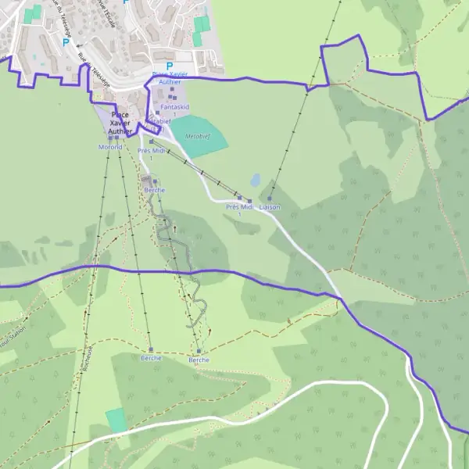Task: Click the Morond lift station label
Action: pyautogui.click(x=110, y=146)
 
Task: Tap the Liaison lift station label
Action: pyautogui.click(x=270, y=207)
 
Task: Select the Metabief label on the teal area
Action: pyautogui.click(x=198, y=135)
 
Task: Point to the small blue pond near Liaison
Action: pyautogui.click(x=256, y=180)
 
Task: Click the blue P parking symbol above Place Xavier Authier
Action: pyautogui.click(x=169, y=66)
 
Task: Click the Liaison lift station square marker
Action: pyautogui.click(x=270, y=198)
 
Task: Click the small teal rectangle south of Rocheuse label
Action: pyautogui.click(x=116, y=420)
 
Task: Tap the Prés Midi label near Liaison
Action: pyautogui.click(x=240, y=207)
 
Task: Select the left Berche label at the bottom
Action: pyautogui.click(x=151, y=358)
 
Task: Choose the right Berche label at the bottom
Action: pyautogui.click(x=199, y=360)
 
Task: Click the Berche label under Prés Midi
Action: pyautogui.click(x=155, y=190)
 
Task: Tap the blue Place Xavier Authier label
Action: pyautogui.click(x=169, y=77)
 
